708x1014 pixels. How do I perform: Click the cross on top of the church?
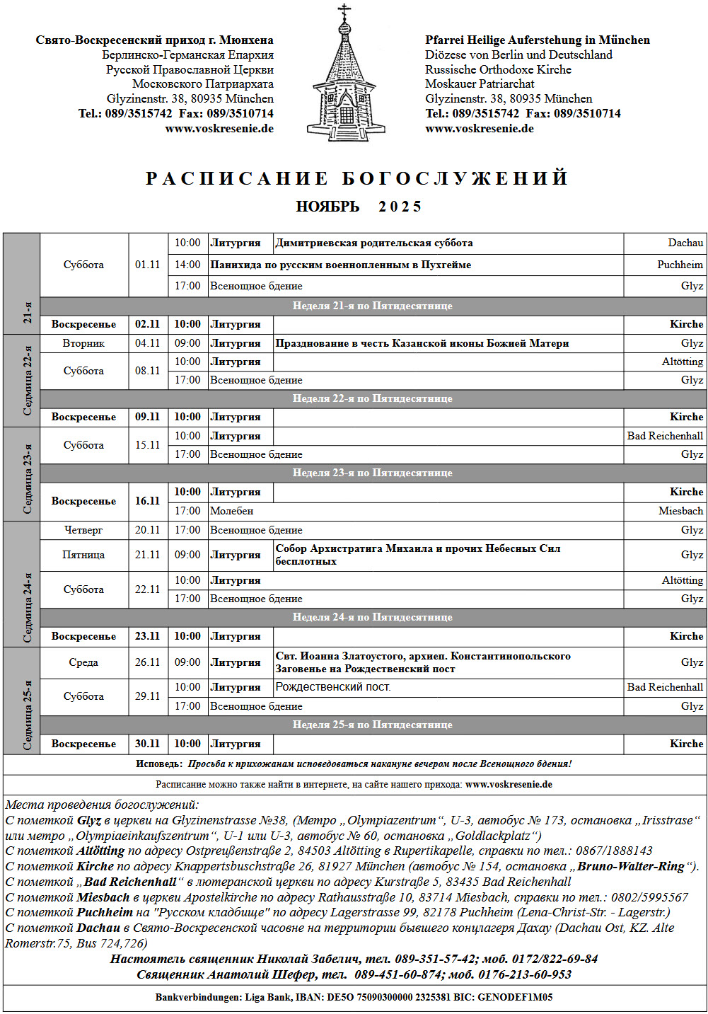[345, 12]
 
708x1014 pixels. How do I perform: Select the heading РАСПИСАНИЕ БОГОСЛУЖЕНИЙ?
[357, 178]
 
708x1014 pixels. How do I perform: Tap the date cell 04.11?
[148, 343]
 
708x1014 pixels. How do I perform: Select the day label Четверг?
[83, 530]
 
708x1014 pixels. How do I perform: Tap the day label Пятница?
[83, 555]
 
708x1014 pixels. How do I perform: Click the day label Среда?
[83, 662]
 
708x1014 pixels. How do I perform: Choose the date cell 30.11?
[148, 744]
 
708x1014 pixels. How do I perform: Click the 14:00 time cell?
[187, 265]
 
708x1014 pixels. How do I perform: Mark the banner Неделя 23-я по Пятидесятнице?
[373, 473]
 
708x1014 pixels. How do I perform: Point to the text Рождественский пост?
[332, 687]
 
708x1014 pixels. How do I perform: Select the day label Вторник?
[83, 343]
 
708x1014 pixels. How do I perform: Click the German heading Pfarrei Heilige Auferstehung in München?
[538, 40]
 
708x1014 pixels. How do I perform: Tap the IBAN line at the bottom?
[354, 997]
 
